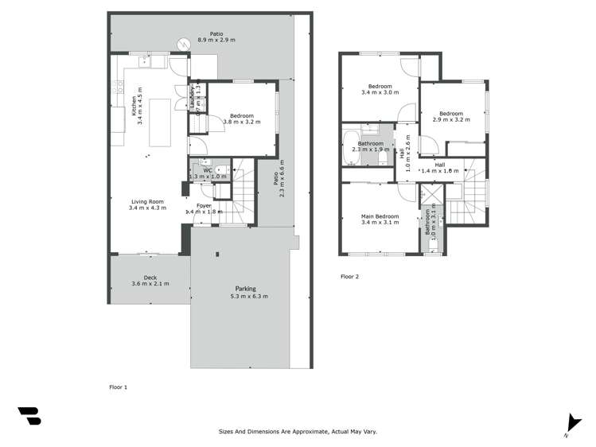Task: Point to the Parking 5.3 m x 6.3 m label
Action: (245, 292)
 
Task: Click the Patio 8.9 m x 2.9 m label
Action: (211, 37)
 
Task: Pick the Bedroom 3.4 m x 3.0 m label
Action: (380, 90)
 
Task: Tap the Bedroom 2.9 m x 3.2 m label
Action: (451, 116)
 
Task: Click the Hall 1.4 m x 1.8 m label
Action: (439, 167)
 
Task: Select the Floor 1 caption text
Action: (118, 387)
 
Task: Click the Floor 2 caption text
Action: (350, 277)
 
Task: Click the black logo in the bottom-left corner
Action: (29, 416)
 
